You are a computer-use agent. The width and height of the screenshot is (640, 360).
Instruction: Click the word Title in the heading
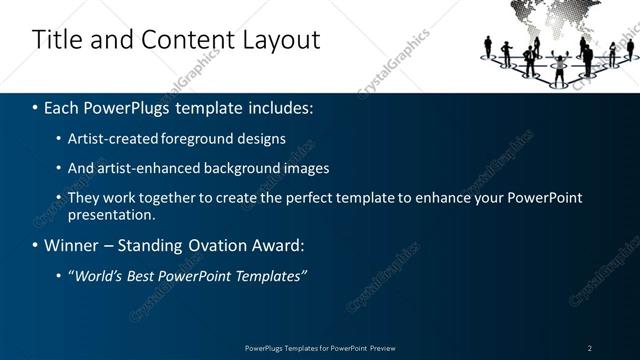click(x=58, y=40)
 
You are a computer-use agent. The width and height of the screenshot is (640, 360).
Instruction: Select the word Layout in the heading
click(x=276, y=40)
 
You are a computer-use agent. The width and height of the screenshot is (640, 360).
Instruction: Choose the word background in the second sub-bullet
click(x=249, y=168)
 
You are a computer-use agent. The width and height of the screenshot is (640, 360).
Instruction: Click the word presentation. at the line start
click(x=112, y=215)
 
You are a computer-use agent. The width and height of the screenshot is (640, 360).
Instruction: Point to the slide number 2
click(x=590, y=348)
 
